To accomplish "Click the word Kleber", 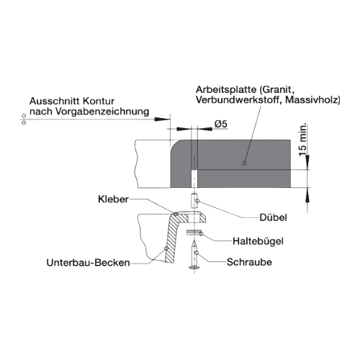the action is point(113,199).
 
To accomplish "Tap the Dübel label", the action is point(273,217).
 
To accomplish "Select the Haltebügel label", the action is point(258,241).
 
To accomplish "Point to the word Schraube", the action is point(249,262).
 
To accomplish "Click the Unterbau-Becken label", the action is point(88,263).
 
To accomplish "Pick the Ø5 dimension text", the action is point(221,124).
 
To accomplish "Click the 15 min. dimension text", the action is point(303,140).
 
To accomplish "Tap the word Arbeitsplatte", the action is point(226,90).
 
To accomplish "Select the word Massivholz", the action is point(312,99).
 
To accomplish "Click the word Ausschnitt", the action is point(55,101).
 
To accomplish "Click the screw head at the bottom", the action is point(194,267).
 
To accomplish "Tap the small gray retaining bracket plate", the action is point(194,232).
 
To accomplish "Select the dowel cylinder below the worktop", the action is point(194,201).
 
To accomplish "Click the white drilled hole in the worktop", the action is point(194,179).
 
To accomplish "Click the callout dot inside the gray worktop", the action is point(244,163).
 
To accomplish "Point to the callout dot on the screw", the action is point(197,253).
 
